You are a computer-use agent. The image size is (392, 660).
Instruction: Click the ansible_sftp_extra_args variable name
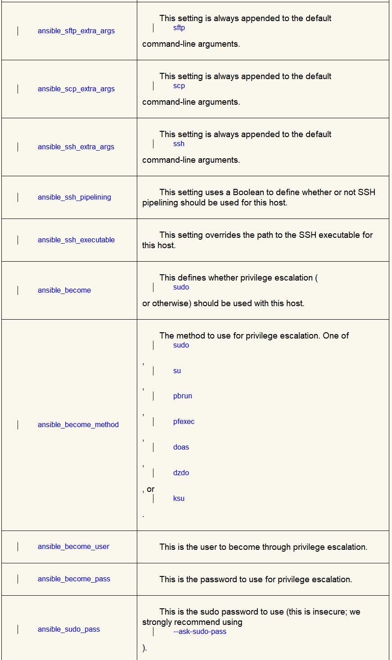[x=76, y=31]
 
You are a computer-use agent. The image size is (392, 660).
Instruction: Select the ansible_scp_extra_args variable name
[x=76, y=89]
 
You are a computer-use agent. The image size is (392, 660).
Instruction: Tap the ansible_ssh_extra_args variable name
[x=76, y=147]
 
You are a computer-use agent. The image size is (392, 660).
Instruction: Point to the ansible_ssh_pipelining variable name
[x=74, y=197]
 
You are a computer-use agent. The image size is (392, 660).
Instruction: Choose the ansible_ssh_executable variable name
[x=76, y=240]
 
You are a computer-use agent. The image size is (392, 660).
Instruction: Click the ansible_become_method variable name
[x=78, y=425]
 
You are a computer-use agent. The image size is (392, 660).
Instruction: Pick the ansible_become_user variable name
[x=73, y=547]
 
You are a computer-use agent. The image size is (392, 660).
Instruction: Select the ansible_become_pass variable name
[x=74, y=579]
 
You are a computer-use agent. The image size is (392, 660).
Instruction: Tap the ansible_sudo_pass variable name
[x=69, y=629]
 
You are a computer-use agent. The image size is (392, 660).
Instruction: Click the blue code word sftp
[x=179, y=28]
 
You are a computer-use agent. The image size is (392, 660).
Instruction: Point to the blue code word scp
[x=179, y=86]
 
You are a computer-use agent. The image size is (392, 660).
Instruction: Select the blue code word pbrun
[x=182, y=396]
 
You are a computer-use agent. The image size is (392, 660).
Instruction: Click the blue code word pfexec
[x=184, y=422]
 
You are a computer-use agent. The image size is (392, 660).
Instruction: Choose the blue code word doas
[x=181, y=447]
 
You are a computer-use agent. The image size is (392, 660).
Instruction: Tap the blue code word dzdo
[x=181, y=473]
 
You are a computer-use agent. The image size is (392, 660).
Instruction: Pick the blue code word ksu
[x=179, y=499]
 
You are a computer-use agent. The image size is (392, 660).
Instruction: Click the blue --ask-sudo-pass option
[x=199, y=632]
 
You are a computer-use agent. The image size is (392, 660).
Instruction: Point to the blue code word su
[x=177, y=371]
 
